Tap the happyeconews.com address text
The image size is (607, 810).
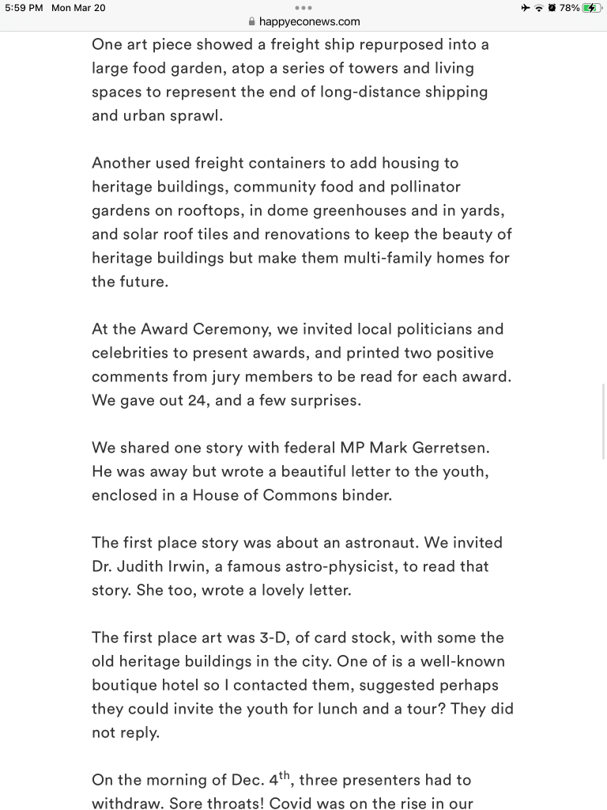[x=309, y=21]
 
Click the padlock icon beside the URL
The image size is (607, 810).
[x=252, y=21]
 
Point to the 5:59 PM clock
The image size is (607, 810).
[x=24, y=8]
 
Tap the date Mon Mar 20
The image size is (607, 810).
[x=78, y=8]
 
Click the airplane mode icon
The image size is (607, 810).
[x=526, y=8]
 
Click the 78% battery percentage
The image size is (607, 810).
[x=569, y=8]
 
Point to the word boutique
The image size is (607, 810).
[x=125, y=685]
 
